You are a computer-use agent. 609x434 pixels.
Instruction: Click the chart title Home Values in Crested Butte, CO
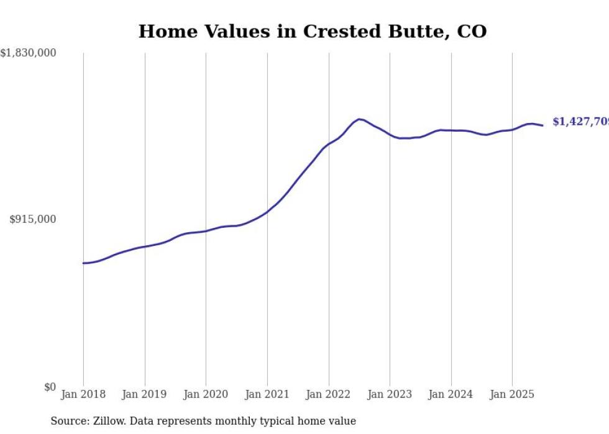[x=312, y=31]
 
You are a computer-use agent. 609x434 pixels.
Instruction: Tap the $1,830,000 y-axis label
[x=29, y=53]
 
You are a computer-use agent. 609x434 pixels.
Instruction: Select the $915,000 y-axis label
[x=33, y=219]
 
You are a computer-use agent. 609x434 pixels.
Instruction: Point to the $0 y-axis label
[x=50, y=387]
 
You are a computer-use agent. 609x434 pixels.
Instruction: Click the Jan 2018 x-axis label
[x=83, y=394]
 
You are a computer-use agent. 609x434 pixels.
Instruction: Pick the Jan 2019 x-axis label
[x=145, y=394]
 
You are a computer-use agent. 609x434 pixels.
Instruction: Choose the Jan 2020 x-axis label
[x=206, y=394]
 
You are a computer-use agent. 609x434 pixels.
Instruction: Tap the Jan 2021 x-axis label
[x=267, y=394]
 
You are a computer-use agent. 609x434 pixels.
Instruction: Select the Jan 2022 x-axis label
[x=329, y=394]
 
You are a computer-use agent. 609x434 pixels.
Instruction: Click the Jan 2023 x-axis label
[x=390, y=394]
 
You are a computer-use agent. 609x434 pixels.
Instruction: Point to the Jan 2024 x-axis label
[x=451, y=394]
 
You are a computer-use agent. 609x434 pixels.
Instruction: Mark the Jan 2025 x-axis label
[x=512, y=394]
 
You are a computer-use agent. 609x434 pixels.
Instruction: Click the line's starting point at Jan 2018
[x=83, y=263]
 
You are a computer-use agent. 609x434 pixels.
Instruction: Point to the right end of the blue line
[x=543, y=125]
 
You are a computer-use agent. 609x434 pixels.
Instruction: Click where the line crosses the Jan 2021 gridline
[x=267, y=211]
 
